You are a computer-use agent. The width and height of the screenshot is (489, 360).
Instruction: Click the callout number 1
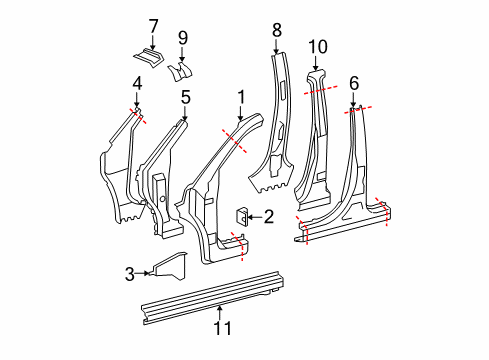point(241,97)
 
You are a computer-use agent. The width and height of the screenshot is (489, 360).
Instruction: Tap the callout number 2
point(269,217)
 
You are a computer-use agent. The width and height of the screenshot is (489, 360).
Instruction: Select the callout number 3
point(130,274)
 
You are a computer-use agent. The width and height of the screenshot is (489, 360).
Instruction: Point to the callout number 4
point(137,83)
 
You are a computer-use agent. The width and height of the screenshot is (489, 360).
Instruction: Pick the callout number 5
point(186,97)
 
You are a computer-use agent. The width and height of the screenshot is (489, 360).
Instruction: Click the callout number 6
point(354,83)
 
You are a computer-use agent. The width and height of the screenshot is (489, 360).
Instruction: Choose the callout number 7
point(153,26)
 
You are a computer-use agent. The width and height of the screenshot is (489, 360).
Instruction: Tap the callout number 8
point(277,30)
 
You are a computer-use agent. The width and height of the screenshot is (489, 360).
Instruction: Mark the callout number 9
point(183,38)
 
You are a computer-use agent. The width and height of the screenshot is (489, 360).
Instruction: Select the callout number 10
point(318,47)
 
